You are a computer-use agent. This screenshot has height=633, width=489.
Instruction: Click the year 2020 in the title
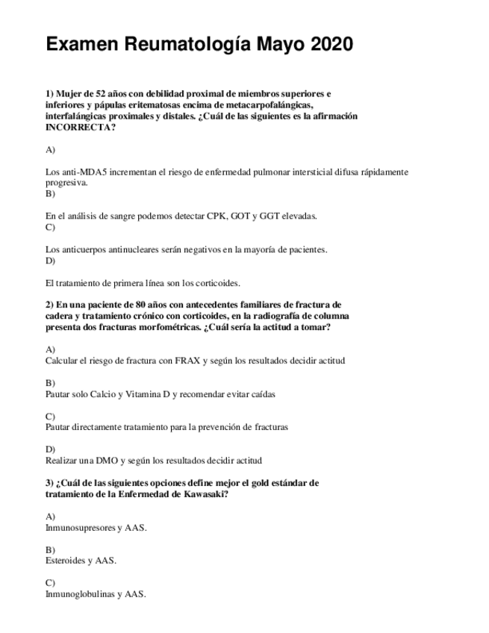(x=329, y=45)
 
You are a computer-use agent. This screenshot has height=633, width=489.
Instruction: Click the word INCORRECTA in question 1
(x=81, y=127)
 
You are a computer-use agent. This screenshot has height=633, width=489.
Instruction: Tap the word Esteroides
(x=65, y=561)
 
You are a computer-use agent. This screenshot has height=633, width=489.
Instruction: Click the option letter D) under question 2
(x=50, y=449)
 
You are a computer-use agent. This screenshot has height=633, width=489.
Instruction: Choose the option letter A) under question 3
(x=50, y=517)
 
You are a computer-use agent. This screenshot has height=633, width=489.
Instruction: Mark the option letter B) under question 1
(x=50, y=193)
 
